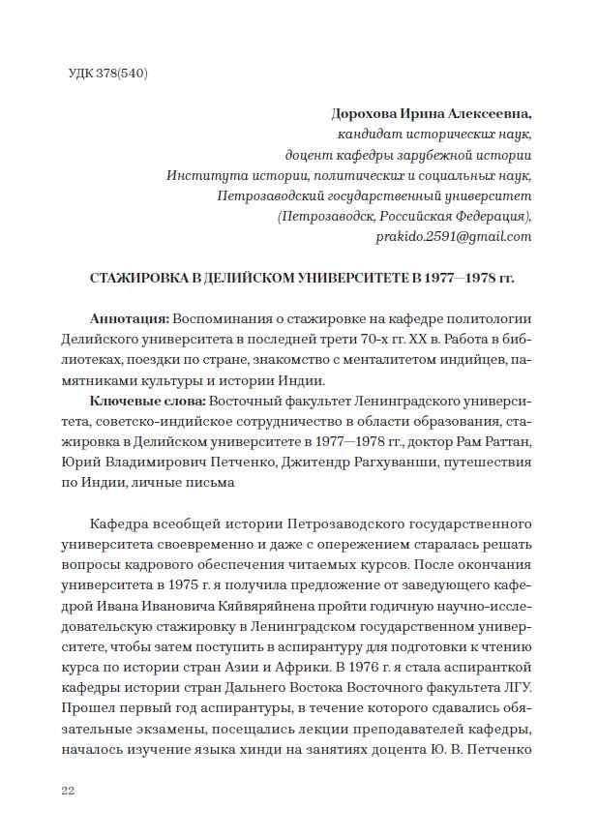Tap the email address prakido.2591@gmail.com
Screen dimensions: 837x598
coord(454,237)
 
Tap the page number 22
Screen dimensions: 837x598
coord(69,791)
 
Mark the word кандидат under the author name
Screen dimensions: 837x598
coord(367,134)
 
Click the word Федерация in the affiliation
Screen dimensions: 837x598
coord(487,216)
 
